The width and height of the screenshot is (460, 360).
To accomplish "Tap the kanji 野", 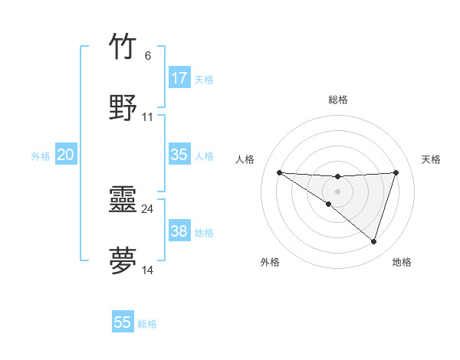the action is tap(123, 107).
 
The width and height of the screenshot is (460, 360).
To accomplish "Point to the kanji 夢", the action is tap(123, 260).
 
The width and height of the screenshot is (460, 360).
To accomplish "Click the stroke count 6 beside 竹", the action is tap(147, 56).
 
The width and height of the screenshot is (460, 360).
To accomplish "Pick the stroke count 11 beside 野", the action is tap(148, 117).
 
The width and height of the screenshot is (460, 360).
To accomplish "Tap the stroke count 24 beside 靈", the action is tap(148, 208).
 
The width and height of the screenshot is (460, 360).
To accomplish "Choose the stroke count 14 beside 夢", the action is tap(148, 270).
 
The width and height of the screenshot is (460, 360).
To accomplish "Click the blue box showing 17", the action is tap(179, 78).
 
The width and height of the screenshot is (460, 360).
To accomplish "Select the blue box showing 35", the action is tap(179, 155).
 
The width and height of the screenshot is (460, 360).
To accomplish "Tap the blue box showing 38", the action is tap(179, 231).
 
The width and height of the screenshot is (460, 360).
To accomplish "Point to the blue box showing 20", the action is tap(66, 155).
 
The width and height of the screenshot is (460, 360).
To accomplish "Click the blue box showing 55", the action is tap(123, 322).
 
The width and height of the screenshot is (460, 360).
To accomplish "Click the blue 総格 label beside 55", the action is tap(147, 324).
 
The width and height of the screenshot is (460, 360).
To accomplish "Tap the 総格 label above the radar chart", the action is tap(337, 100).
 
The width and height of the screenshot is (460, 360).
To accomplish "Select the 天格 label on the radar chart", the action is tap(431, 159).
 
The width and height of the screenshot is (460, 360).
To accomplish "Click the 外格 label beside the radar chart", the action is tap(270, 262).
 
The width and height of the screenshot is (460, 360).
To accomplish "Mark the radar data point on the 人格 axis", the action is tap(280, 172).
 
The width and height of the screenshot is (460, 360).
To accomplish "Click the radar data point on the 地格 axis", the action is tap(373, 241).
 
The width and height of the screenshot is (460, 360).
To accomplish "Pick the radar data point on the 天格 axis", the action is tap(396, 172).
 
